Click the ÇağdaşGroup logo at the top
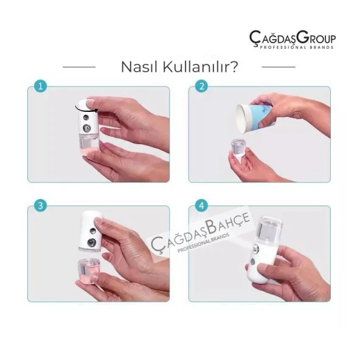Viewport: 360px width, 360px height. [x=292, y=38]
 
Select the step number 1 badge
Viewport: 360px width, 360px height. [x=40, y=86]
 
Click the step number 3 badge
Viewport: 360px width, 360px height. [x=40, y=206]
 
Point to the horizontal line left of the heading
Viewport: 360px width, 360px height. [x=79, y=66]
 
